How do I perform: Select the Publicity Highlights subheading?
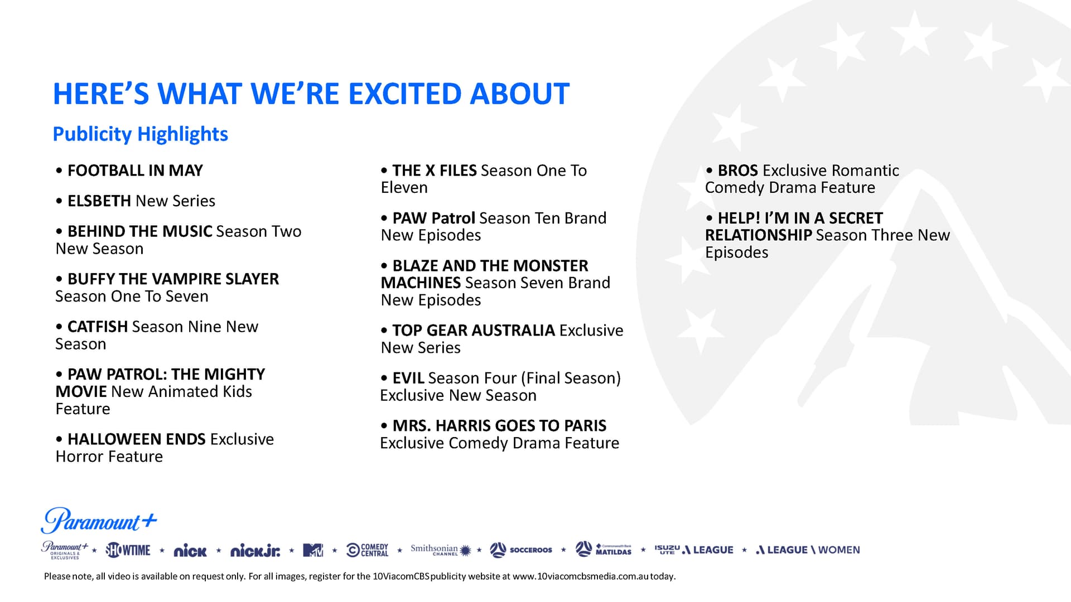pyautogui.click(x=141, y=134)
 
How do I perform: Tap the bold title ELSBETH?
pyautogui.click(x=99, y=201)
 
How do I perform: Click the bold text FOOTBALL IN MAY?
pyautogui.click(x=135, y=171)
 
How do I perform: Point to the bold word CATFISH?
pyautogui.click(x=98, y=327)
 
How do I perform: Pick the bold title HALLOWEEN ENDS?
pyautogui.click(x=136, y=439)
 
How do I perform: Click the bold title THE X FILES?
pyautogui.click(x=435, y=171)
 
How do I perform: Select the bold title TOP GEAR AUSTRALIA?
pyautogui.click(x=474, y=331)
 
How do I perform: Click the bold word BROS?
pyautogui.click(x=738, y=171)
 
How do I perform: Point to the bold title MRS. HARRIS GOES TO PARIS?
pyautogui.click(x=499, y=426)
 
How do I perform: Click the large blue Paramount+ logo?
pyautogui.click(x=99, y=521)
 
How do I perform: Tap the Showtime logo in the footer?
pyautogui.click(x=128, y=550)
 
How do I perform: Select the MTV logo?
pyautogui.click(x=313, y=550)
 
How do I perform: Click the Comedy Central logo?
pyautogui.click(x=367, y=550)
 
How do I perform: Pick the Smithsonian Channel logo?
pyautogui.click(x=441, y=550)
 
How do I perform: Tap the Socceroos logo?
pyautogui.click(x=521, y=550)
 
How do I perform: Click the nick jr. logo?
pyautogui.click(x=255, y=551)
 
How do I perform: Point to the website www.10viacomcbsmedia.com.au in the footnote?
pyautogui.click(x=580, y=576)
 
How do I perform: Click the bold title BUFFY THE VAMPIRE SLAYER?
pyautogui.click(x=173, y=279)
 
